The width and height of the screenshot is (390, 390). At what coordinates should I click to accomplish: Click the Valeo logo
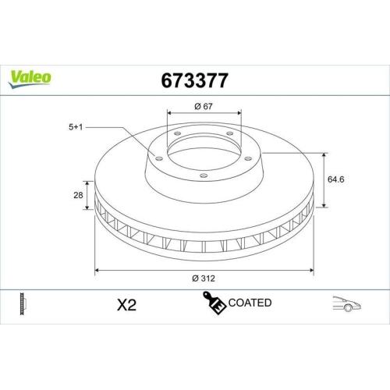click(x=30, y=76)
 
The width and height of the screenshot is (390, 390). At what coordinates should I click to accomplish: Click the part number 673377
click(x=194, y=80)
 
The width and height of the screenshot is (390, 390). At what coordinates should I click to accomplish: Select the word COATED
click(x=250, y=303)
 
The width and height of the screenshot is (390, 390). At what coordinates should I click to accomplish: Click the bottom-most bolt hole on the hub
click(x=204, y=175)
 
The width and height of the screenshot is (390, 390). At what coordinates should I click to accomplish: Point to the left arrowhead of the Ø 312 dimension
click(x=96, y=270)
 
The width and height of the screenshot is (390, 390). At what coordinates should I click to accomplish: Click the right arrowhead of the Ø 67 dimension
click(x=240, y=113)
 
